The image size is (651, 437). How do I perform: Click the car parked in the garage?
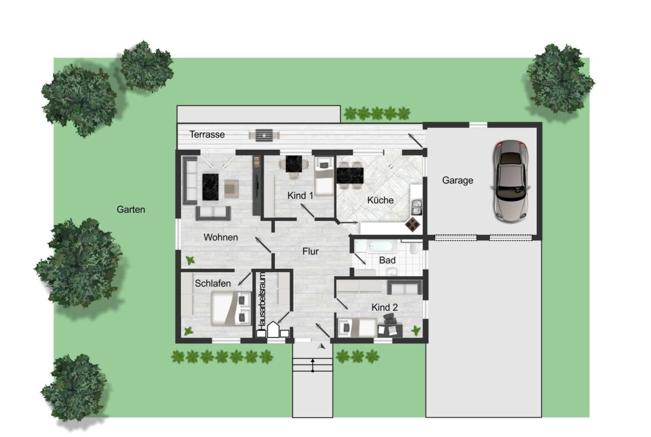point(511,181)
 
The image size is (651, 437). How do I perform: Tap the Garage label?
point(457,180)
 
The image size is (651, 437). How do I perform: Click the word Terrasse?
point(207,134)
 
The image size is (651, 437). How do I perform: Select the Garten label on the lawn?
point(131,209)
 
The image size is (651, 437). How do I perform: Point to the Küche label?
point(380,200)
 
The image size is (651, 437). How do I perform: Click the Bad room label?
point(387,261)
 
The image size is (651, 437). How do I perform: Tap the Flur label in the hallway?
point(310,251)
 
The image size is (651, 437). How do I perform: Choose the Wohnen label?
point(220,237)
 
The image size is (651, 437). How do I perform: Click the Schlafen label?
point(213,283)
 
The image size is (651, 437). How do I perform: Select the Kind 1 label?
point(300,195)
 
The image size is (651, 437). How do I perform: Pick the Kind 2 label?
point(384,307)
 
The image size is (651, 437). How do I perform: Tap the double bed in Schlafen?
point(231,308)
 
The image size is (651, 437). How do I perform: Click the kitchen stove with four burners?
point(413,224)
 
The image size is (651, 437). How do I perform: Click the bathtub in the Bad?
point(376,246)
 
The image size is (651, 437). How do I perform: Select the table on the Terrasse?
point(264,135)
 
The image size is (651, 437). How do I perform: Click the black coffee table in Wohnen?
point(210,187)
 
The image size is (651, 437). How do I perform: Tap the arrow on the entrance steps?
point(313,366)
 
